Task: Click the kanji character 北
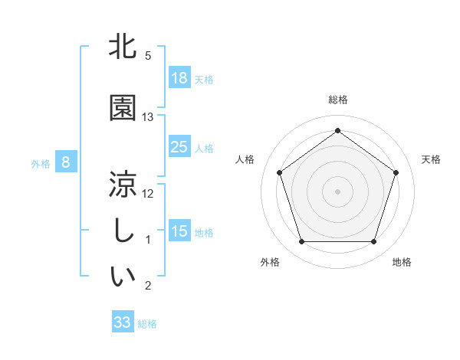(123, 47)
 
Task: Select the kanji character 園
(123, 108)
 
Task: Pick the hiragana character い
(123, 277)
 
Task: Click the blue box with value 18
(179, 78)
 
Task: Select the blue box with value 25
(179, 147)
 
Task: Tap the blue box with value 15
(179, 231)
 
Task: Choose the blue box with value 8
(66, 162)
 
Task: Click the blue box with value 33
(123, 322)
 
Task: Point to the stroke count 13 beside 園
(148, 117)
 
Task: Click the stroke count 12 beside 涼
(148, 194)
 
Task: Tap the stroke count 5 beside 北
(148, 56)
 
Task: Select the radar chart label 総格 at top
(337, 100)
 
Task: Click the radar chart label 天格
(432, 159)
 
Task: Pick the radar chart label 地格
(402, 262)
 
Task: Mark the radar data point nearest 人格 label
(279, 172)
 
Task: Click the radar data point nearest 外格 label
(301, 242)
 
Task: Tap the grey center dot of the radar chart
(337, 191)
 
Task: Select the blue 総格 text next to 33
(147, 324)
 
